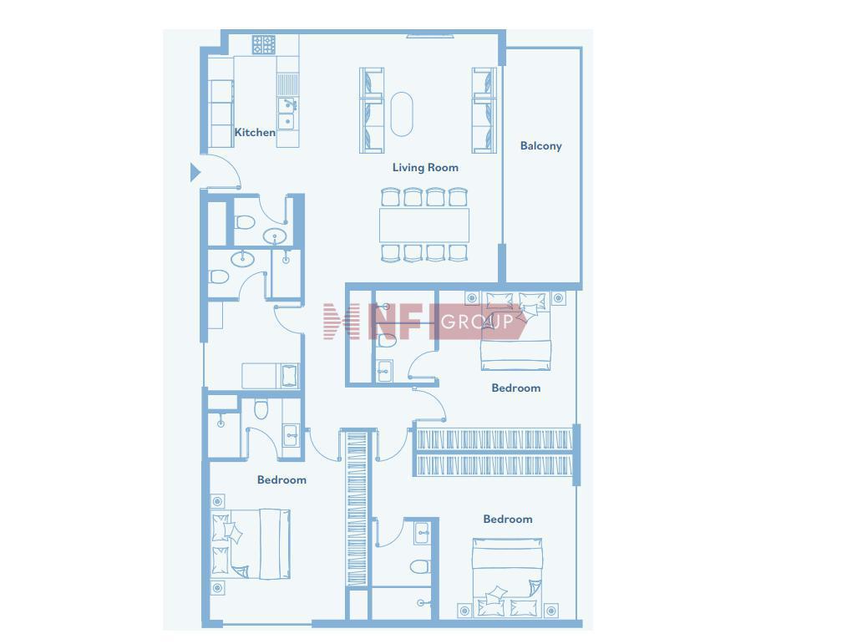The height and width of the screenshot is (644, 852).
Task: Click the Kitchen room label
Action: click(254, 132)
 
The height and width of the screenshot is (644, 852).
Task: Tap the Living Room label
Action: click(425, 167)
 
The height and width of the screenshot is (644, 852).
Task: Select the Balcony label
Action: click(540, 145)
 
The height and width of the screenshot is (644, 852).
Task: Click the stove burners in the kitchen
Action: click(263, 44)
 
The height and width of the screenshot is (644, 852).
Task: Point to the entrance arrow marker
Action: click(195, 172)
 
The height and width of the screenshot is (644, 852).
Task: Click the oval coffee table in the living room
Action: click(402, 114)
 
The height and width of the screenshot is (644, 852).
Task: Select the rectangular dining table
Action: click(423, 225)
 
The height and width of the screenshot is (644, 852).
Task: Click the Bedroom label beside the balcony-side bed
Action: click(515, 388)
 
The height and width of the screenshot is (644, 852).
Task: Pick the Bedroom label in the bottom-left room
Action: click(281, 480)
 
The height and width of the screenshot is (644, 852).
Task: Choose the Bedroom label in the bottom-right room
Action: click(508, 519)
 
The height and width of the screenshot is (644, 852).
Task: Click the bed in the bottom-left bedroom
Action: click(251, 544)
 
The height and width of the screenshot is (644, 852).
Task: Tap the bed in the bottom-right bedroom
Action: click(507, 577)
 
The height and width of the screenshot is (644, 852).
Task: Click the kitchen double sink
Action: click(287, 114)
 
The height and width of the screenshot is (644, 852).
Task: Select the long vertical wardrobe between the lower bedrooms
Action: click(357, 509)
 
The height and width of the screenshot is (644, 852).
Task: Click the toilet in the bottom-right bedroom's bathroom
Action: click(419, 567)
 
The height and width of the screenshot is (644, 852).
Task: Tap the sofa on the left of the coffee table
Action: click(372, 110)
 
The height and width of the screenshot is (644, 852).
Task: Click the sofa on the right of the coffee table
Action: click(484, 110)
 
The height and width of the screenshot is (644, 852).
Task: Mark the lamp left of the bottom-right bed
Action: click(464, 611)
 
